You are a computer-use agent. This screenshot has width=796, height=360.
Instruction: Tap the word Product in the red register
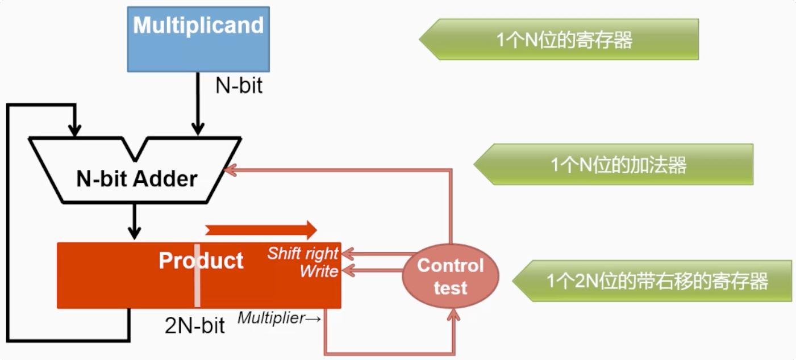point(201,261)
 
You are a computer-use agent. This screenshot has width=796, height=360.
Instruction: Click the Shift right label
point(303,253)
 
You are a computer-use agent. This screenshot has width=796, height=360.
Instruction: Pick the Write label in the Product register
point(319,271)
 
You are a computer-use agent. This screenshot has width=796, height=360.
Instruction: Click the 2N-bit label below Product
point(195,326)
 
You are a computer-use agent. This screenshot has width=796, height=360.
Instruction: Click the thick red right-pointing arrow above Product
point(261,229)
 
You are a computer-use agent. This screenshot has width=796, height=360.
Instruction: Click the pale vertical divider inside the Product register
point(197,275)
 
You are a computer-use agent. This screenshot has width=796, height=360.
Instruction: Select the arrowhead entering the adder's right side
point(230,169)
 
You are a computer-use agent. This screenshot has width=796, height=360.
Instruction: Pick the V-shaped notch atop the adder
point(135,149)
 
